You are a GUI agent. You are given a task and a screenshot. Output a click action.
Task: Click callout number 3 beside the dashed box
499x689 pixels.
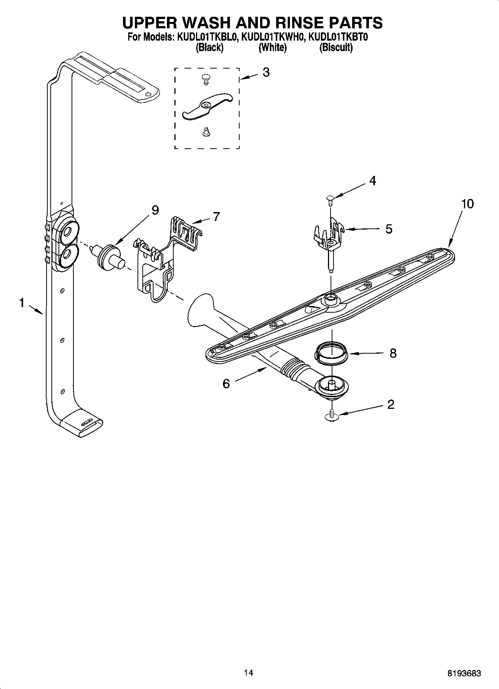click(x=266, y=72)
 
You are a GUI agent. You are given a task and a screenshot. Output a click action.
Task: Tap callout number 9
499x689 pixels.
click(x=155, y=211)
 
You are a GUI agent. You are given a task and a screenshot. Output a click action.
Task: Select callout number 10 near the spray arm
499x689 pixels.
click(x=467, y=204)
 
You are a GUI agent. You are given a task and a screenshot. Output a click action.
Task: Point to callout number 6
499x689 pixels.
click(x=226, y=383)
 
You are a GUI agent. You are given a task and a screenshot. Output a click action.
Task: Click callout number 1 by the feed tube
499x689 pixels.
click(x=22, y=303)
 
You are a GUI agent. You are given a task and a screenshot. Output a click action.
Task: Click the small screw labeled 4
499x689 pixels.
click(x=330, y=199)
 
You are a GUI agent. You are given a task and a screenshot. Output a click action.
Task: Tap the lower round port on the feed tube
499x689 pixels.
click(x=67, y=255)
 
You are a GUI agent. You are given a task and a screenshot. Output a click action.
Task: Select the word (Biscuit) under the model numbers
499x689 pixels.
click(x=336, y=47)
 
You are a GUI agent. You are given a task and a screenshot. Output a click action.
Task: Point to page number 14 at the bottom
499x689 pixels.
click(x=249, y=673)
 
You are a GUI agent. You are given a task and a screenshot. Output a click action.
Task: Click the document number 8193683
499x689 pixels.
click(x=464, y=673)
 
